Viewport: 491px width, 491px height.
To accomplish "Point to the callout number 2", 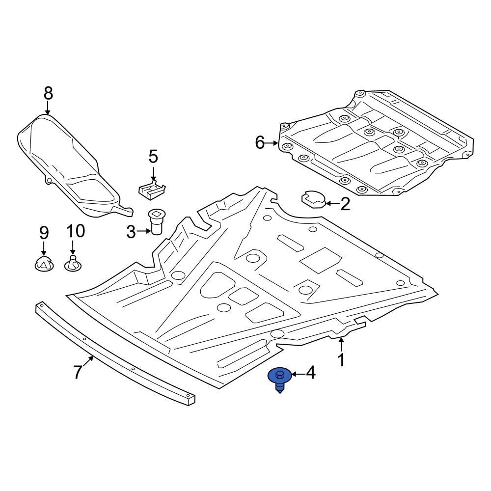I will click(345, 204).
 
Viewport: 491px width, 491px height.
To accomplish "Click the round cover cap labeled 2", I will click(313, 200).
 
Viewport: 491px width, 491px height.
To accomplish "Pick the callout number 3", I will click(131, 232).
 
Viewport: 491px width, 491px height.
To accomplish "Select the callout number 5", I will click(153, 157).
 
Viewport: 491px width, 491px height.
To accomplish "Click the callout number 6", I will click(260, 143).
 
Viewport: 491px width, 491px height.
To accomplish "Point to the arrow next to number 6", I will click(273, 143).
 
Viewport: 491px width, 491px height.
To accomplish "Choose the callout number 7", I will click(78, 372).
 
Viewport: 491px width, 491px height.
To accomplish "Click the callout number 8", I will click(48, 92).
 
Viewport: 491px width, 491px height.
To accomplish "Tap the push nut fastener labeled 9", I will click(44, 264).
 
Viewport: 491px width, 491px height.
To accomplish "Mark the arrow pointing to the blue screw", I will click(297, 374).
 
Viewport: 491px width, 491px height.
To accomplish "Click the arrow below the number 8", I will click(48, 108).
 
